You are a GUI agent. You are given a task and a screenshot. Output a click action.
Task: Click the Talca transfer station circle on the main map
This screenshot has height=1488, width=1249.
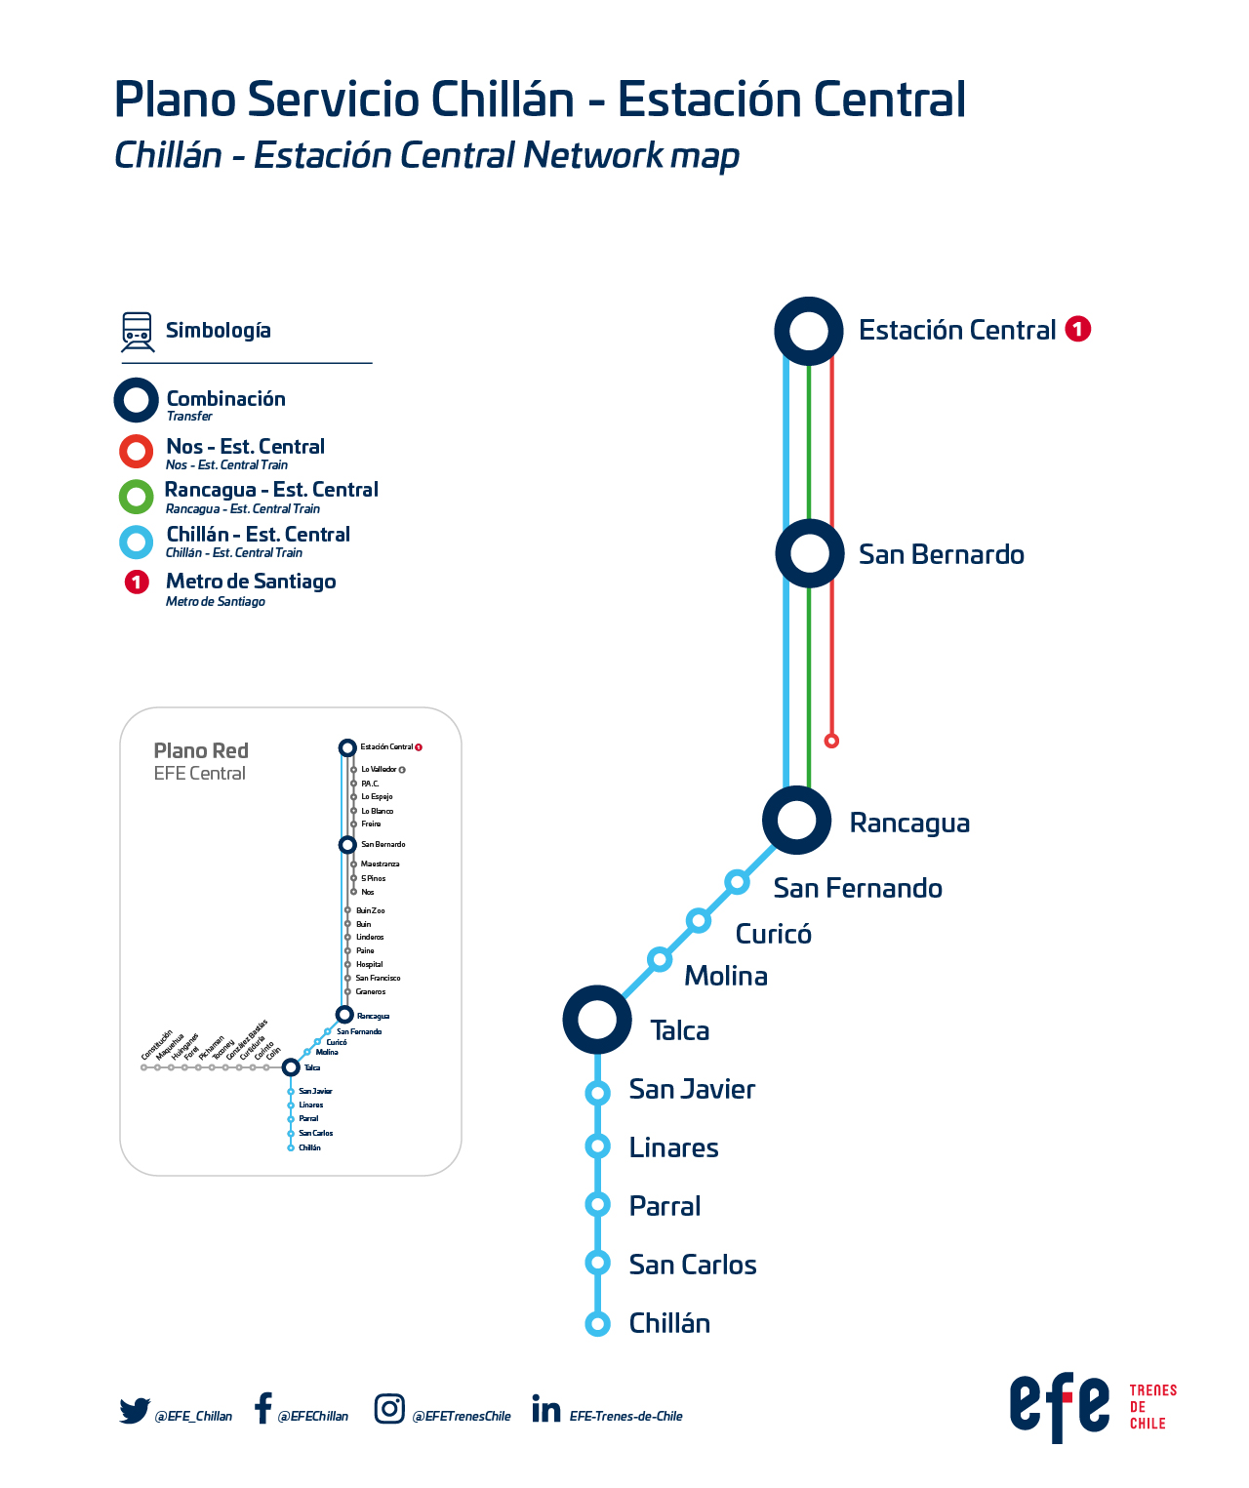(597, 1020)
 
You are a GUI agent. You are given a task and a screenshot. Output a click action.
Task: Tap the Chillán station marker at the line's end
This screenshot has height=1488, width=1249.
(598, 1324)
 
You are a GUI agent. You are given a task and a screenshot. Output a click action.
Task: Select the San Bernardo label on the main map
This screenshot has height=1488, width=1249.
(941, 554)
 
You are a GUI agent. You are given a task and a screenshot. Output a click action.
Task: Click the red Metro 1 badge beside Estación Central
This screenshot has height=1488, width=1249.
(1077, 330)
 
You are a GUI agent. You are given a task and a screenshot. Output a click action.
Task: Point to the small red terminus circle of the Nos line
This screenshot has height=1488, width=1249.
(831, 741)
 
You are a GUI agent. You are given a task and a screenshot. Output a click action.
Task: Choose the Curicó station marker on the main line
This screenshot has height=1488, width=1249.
(698, 920)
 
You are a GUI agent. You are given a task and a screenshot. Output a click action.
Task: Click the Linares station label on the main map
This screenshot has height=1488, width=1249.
(673, 1147)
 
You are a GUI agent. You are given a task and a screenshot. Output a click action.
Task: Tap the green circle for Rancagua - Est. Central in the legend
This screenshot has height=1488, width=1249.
(136, 497)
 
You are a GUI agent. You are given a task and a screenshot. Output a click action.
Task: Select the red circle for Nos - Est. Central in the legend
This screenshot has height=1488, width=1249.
(136, 451)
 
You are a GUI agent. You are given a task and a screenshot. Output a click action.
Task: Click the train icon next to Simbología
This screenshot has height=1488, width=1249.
(137, 332)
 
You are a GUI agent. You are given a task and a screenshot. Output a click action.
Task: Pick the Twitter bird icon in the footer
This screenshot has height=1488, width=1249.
(135, 1411)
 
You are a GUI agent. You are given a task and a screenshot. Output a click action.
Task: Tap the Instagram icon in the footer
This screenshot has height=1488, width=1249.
(389, 1409)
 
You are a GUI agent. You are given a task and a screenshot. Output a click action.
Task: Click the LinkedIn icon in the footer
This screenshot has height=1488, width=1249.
(546, 1409)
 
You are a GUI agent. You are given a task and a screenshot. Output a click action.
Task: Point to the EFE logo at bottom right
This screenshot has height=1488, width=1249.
(1060, 1406)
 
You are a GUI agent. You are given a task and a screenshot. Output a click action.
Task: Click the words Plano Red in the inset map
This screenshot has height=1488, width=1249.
(201, 750)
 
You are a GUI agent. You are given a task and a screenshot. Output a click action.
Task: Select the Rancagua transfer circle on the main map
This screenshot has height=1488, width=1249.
(797, 820)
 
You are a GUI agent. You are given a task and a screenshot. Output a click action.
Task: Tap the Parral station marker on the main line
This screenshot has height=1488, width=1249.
(598, 1205)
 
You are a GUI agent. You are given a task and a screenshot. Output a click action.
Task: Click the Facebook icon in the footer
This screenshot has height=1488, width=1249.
(262, 1408)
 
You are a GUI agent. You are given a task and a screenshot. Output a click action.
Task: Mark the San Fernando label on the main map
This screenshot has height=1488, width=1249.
(858, 888)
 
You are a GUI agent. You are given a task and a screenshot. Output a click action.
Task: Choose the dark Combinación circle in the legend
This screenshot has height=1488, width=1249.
(136, 400)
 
